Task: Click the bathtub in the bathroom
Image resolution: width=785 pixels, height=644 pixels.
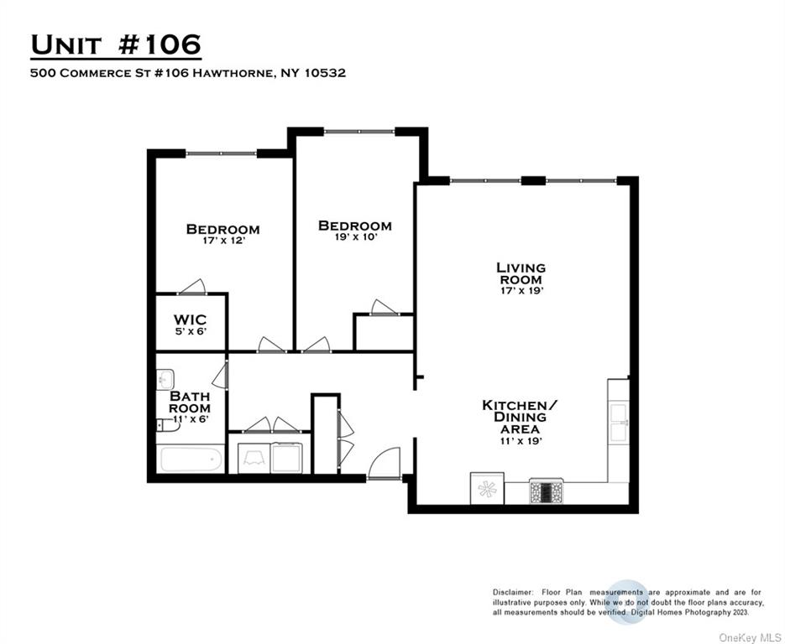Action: (191, 460)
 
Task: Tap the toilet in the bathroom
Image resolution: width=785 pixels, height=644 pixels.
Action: (168, 425)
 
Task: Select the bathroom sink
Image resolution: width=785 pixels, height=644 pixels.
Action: (165, 379)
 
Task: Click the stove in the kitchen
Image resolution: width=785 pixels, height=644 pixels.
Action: (546, 491)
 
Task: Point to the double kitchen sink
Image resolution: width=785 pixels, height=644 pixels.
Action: (619, 421)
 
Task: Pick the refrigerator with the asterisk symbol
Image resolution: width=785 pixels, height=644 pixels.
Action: (487, 489)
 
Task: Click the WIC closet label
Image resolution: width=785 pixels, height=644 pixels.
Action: (190, 319)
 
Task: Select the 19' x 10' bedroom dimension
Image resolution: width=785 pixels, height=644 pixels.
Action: (353, 236)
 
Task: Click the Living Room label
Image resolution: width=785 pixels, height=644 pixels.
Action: (521, 273)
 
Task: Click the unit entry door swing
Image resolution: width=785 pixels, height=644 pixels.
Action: (385, 464)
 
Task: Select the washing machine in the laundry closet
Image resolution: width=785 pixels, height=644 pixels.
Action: (254, 458)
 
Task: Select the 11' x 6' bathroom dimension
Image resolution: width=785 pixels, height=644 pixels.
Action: (190, 418)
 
